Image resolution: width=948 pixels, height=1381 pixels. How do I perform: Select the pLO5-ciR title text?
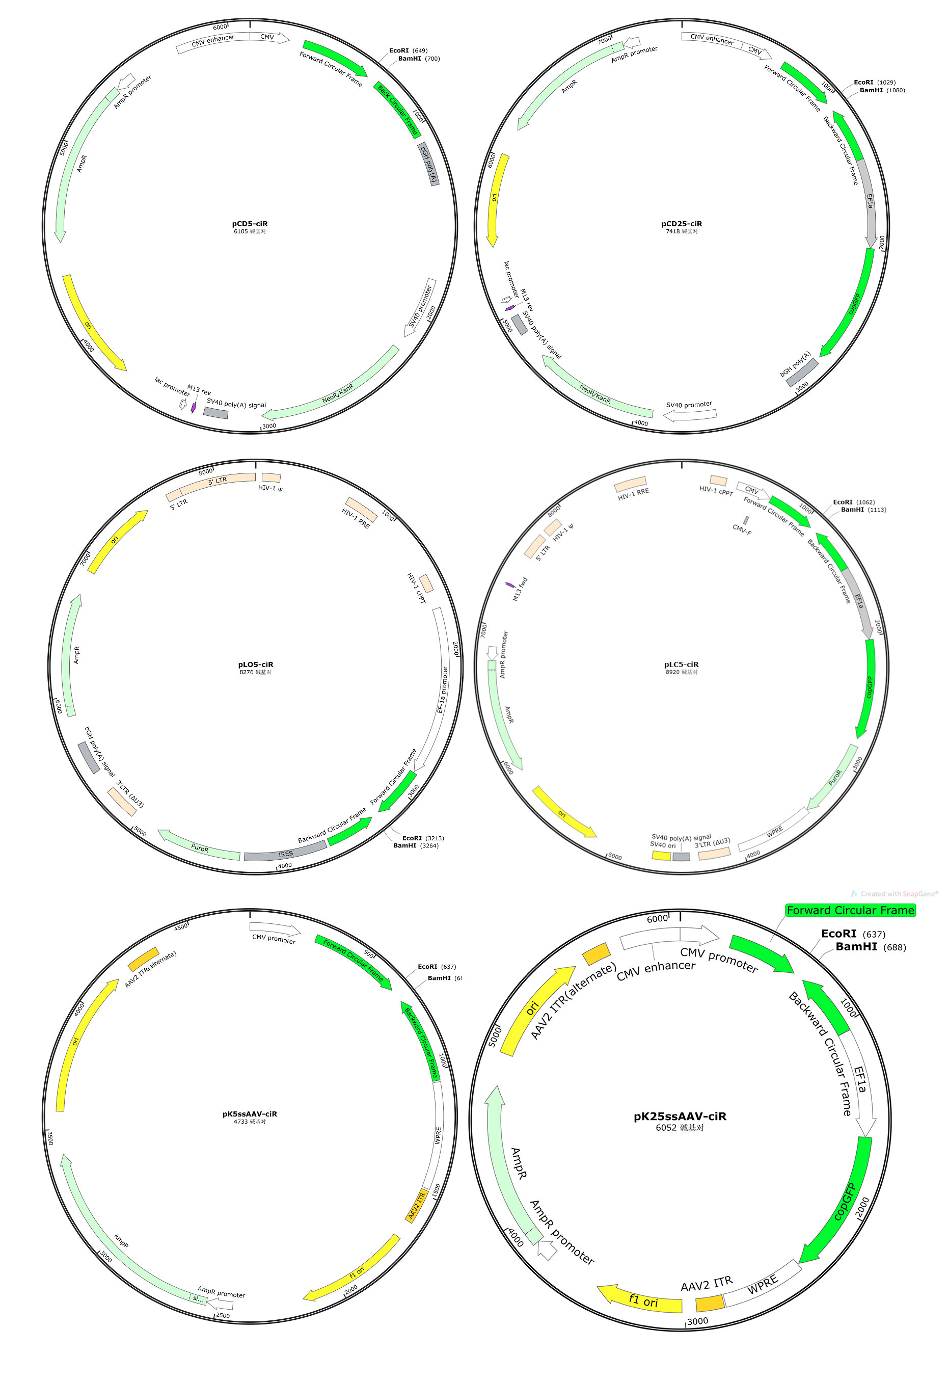pyautogui.click(x=255, y=665)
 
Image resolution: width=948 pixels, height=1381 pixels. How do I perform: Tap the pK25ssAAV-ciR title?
pyautogui.click(x=680, y=1116)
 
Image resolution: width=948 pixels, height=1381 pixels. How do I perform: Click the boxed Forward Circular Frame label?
pyautogui.click(x=850, y=910)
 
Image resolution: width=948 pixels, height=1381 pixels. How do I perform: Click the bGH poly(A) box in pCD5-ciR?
pyautogui.click(x=428, y=164)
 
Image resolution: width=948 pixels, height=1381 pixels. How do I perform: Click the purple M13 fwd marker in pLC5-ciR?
pyautogui.click(x=509, y=586)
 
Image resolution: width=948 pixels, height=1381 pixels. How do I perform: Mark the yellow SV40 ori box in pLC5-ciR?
pyautogui.click(x=661, y=856)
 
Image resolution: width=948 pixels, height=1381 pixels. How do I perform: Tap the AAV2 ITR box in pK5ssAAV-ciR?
pyautogui.click(x=416, y=1205)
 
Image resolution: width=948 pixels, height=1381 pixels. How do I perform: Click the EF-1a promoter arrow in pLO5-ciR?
pyautogui.click(x=439, y=689)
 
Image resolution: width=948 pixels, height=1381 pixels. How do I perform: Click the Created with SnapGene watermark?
pyautogui.click(x=895, y=894)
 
